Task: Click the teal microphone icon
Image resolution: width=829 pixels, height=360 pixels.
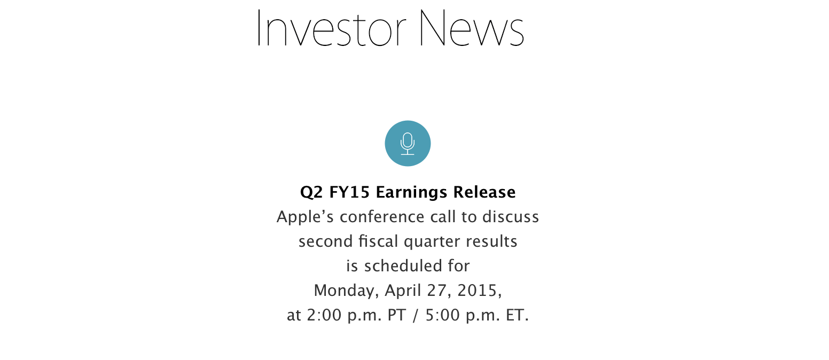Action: pyautogui.click(x=408, y=143)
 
